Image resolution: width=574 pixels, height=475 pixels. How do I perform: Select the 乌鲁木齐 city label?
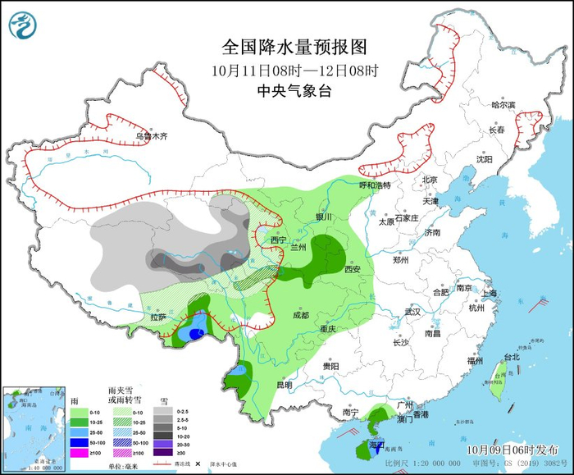click(151, 136)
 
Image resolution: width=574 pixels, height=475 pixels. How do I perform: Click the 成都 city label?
click(299, 315)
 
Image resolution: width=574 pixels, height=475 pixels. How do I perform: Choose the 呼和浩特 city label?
click(376, 185)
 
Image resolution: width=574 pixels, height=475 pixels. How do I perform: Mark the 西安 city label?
click(353, 268)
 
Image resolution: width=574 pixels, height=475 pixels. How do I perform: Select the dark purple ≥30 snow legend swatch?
click(166, 452)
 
